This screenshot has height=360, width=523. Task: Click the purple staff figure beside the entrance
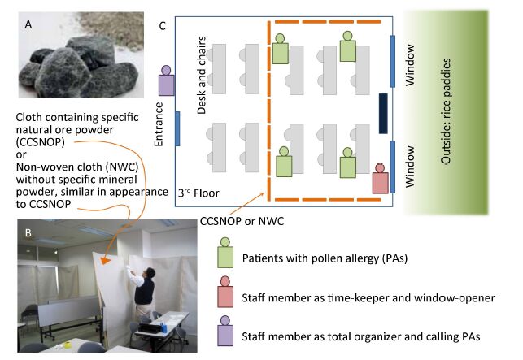(166, 81)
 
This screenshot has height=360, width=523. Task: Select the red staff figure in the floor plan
(380, 179)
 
